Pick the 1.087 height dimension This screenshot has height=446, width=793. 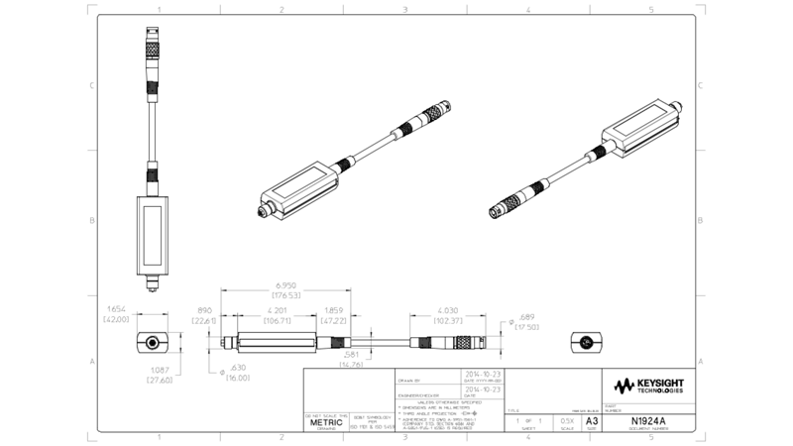161,371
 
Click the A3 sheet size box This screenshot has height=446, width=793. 593,421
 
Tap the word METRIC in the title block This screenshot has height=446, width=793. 326,422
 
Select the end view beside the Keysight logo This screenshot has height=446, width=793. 586,342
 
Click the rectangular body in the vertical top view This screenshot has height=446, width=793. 150,235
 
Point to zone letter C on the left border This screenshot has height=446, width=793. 91,85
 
